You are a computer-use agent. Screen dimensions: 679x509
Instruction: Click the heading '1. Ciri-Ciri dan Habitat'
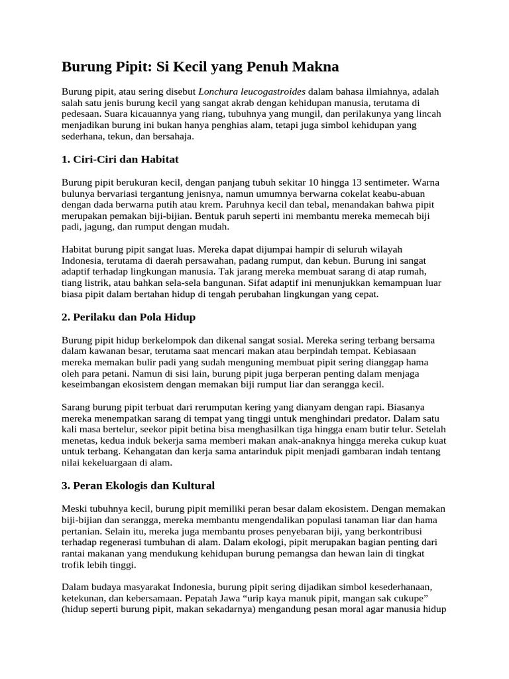(x=120, y=160)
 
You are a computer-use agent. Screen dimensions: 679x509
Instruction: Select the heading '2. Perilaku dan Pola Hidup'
(x=129, y=317)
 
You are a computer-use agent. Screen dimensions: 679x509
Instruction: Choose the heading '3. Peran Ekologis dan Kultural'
(x=139, y=485)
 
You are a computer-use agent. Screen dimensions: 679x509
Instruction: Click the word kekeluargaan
(x=109, y=463)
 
